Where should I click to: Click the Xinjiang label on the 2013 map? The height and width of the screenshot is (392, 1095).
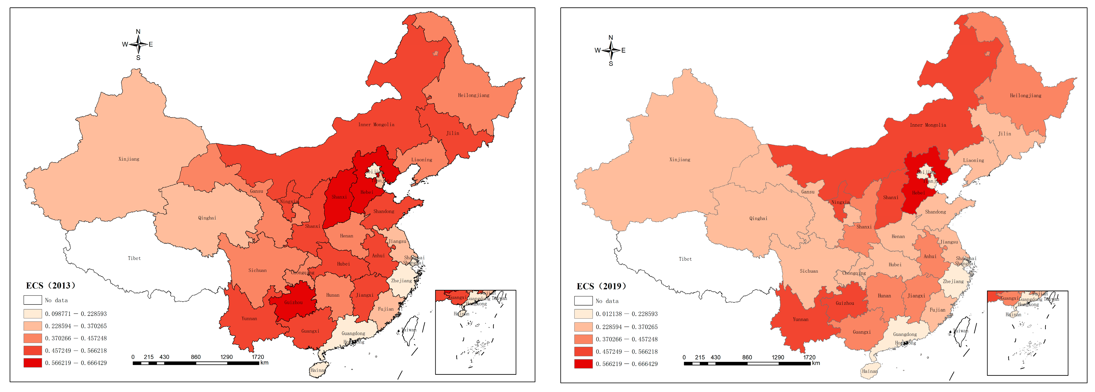[x=129, y=159]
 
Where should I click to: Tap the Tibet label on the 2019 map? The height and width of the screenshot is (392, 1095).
[x=685, y=259]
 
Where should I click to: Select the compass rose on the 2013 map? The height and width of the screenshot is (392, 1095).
[x=138, y=44]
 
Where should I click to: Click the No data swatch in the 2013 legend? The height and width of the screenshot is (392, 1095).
[x=33, y=300]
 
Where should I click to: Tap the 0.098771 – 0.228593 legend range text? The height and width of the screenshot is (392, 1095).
[x=76, y=314]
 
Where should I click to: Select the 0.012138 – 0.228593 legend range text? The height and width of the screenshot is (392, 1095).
[x=626, y=314]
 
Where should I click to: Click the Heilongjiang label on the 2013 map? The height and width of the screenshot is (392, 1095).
[x=474, y=95]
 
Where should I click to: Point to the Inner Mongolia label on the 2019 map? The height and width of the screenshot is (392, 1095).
[x=928, y=125]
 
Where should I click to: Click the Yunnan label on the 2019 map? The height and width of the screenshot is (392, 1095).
[x=800, y=319]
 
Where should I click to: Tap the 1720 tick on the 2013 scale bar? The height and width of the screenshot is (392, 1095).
[x=258, y=357]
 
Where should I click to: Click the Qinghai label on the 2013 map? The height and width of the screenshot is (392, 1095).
[x=207, y=218]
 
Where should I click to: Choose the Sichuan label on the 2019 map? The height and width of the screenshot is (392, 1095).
[x=809, y=271]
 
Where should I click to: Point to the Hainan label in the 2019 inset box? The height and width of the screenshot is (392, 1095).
[x=1013, y=315]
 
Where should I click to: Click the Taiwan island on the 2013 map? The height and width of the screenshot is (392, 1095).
[x=410, y=330]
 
